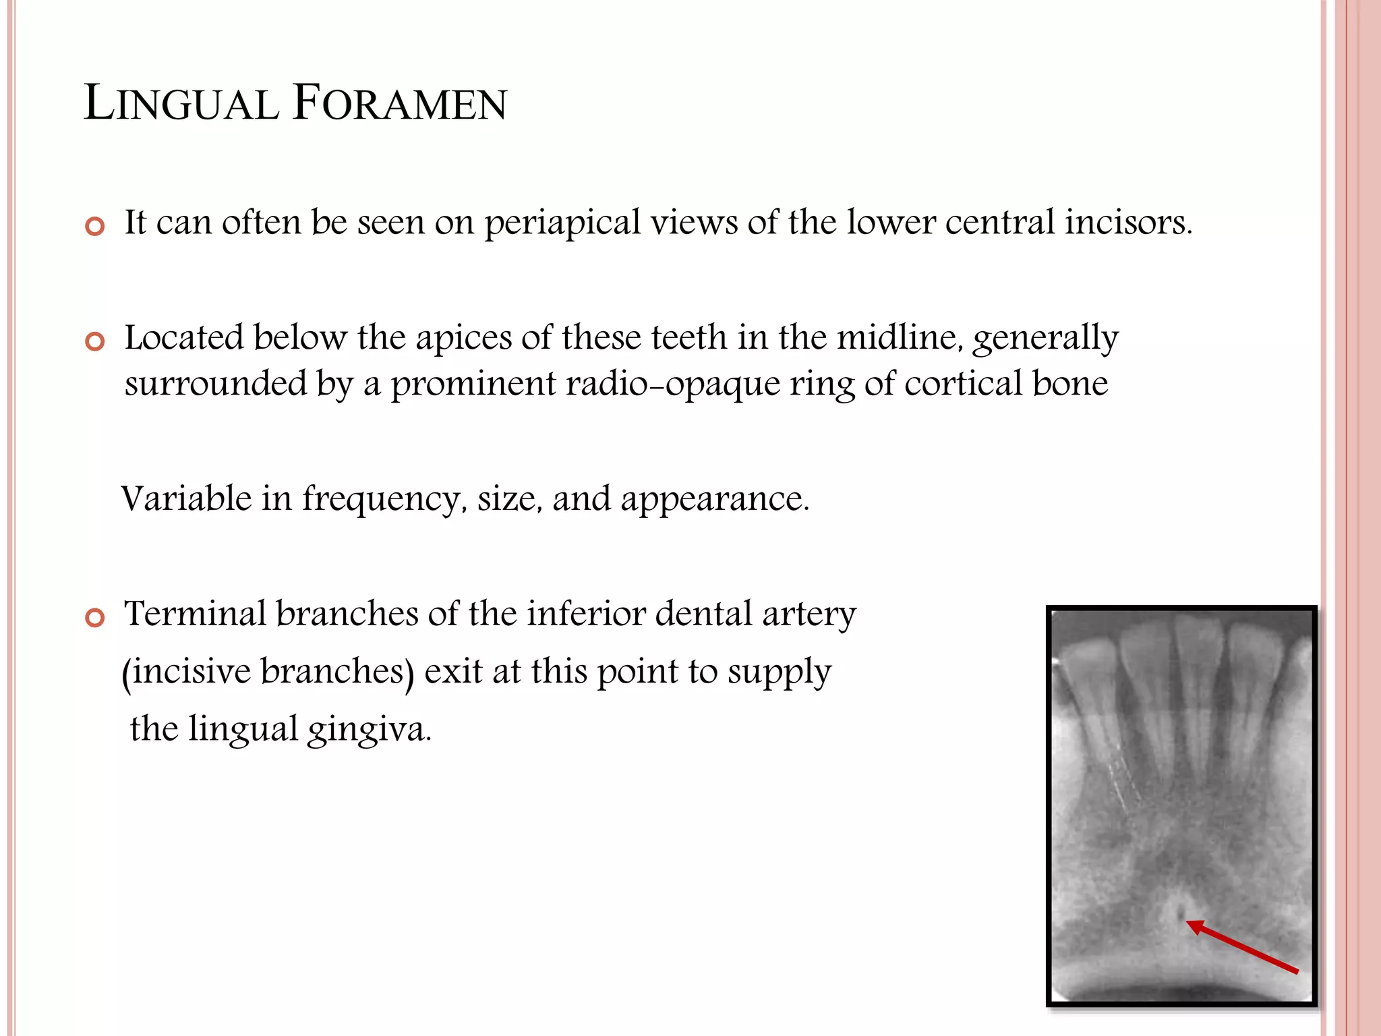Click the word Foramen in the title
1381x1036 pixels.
click(x=399, y=104)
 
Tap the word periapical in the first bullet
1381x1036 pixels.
click(x=562, y=223)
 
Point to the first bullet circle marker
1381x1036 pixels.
click(x=95, y=226)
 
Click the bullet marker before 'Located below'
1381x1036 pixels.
click(x=95, y=341)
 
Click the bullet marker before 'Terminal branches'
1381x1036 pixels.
click(x=95, y=617)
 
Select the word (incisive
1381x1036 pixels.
click(x=186, y=672)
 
